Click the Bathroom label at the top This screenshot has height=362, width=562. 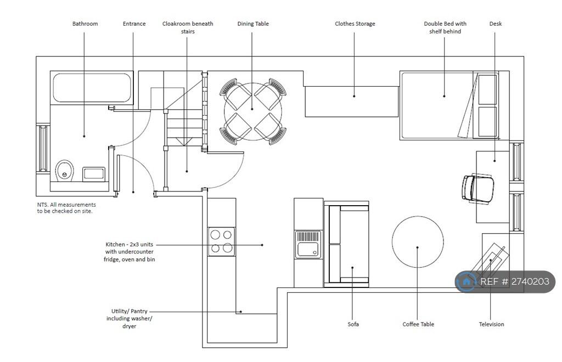coord(85,24)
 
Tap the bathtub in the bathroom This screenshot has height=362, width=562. coord(92,88)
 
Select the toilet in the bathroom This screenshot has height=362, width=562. coord(65,171)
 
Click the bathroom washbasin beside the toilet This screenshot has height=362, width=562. coord(94,174)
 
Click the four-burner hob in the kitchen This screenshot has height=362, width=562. coord(222,242)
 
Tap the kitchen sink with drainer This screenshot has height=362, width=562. coord(308,245)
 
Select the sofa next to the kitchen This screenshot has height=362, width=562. coord(347,244)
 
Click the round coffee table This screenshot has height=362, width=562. coord(418,242)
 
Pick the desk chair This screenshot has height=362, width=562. coord(478,189)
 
